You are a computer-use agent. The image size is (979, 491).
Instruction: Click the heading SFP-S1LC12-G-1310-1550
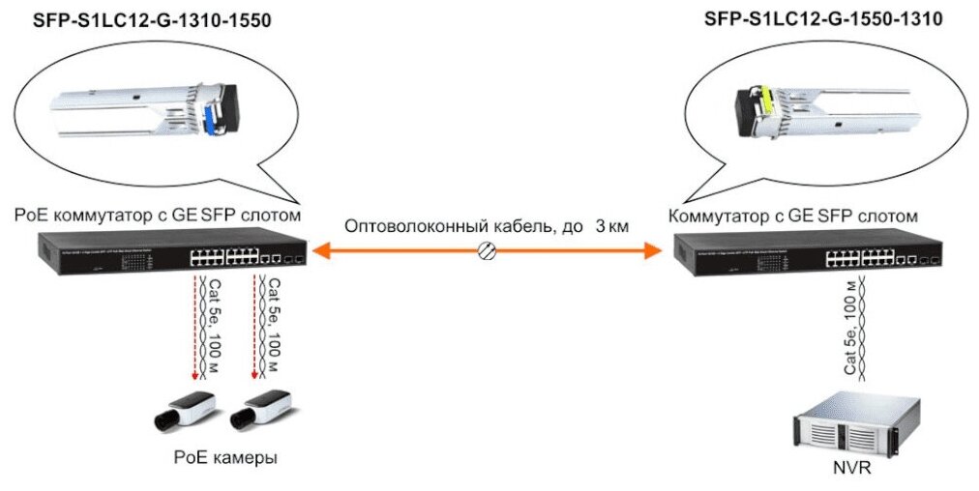[x=138, y=20]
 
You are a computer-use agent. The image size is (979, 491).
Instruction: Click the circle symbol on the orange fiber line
[x=488, y=251]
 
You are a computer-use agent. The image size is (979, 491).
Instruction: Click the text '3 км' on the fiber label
[x=612, y=227]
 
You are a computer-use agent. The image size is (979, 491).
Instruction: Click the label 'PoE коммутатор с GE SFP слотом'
[x=158, y=215]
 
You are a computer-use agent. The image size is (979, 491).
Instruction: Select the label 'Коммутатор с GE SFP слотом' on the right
[x=792, y=215]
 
